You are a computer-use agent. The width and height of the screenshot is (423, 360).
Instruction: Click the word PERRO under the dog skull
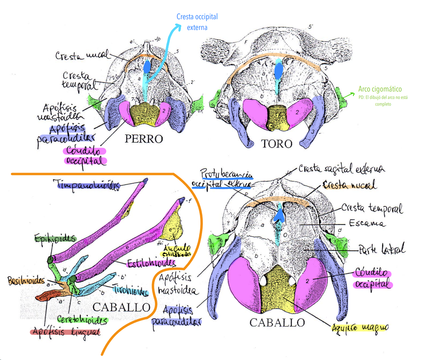(144, 139)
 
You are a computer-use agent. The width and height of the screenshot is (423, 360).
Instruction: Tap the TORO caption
(277, 144)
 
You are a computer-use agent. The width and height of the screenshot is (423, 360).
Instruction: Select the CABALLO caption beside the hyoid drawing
(121, 307)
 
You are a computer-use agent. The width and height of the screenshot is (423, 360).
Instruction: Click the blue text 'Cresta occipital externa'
(197, 22)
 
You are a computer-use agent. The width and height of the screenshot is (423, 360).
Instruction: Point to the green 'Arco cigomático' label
(380, 89)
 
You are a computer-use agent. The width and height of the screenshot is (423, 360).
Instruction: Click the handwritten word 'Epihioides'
(55, 239)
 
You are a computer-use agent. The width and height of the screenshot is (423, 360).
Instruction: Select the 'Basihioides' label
(26, 280)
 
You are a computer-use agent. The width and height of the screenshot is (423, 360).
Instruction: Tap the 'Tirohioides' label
(130, 290)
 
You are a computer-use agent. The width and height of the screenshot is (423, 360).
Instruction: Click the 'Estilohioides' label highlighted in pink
(151, 263)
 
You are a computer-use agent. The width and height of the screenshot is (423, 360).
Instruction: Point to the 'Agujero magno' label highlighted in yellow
(360, 327)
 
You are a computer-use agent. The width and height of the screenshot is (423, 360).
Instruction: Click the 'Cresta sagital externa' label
(341, 169)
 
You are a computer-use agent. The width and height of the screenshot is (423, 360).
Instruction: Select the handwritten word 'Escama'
(367, 223)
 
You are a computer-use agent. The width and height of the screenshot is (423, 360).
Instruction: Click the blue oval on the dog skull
(147, 67)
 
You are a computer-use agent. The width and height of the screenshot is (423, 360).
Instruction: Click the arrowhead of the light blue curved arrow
(179, 26)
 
